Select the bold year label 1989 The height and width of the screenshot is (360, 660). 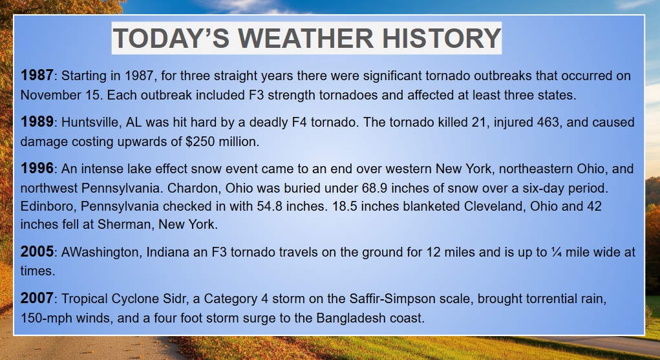tap(37, 122)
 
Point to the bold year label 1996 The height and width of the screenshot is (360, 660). tap(37, 169)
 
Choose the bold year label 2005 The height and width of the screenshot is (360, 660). tap(37, 252)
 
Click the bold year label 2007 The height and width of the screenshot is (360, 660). tap(37, 299)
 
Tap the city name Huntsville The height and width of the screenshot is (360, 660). tap(90, 123)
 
